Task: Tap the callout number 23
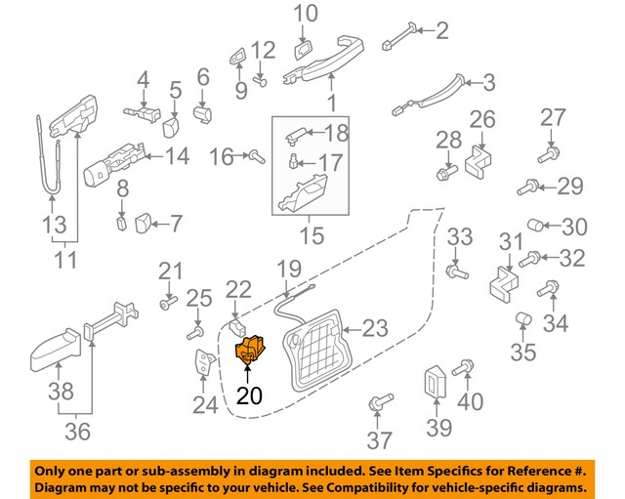pos(374,328)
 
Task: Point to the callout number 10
pos(306,14)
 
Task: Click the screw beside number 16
pos(255,155)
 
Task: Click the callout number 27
pos(553,118)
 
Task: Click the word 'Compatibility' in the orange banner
pos(427,485)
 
